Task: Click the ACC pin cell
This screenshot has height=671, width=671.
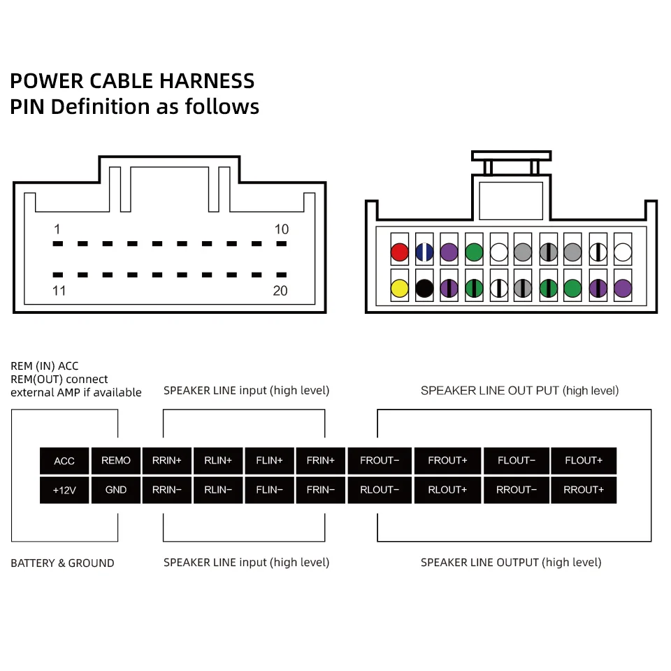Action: coord(64,461)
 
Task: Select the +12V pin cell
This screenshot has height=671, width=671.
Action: coord(64,490)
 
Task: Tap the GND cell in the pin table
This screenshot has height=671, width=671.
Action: coord(116,490)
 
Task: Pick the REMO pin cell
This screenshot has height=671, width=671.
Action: coord(116,461)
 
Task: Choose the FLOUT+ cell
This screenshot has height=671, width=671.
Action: coord(584,461)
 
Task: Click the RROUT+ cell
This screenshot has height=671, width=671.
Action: coord(584,490)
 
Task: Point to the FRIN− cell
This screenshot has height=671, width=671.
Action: coord(321,490)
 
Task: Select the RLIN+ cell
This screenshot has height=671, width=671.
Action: coord(218,461)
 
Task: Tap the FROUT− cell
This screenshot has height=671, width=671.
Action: coord(380,461)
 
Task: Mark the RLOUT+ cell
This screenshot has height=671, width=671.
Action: coord(447,490)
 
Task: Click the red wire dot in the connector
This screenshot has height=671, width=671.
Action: coord(399,252)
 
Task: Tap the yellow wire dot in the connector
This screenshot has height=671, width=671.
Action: coord(399,287)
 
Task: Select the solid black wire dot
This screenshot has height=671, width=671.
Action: coord(424,287)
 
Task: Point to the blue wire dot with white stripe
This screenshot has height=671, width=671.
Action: coord(424,252)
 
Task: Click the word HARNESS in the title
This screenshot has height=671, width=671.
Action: coord(207,81)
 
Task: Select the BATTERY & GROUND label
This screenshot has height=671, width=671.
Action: coord(62,563)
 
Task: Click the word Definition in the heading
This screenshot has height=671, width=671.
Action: coord(101,107)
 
